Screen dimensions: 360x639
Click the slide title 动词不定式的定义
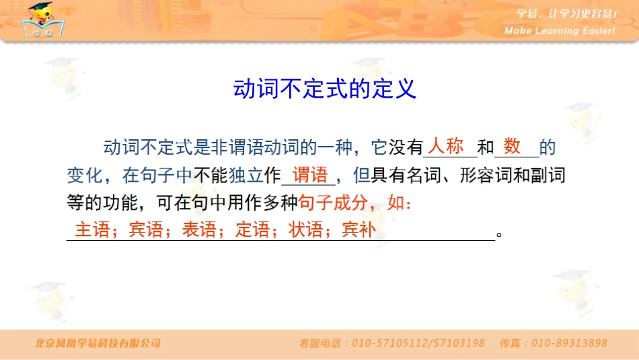[325, 89]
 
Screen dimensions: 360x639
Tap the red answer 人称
[447, 146]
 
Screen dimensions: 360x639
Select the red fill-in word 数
[512, 146]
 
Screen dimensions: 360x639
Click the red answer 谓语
[309, 175]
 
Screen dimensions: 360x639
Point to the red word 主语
[92, 230]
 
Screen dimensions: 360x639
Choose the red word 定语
[252, 230]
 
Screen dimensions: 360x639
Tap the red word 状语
[305, 230]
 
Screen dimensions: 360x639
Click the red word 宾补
[359, 230]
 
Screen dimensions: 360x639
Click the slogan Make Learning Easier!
[560, 31]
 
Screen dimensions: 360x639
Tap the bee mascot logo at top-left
[42, 20]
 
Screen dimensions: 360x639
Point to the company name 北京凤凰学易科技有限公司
[98, 343]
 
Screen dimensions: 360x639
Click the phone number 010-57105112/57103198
[418, 343]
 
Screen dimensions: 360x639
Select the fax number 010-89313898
[569, 343]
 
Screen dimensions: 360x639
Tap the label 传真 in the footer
[510, 343]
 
